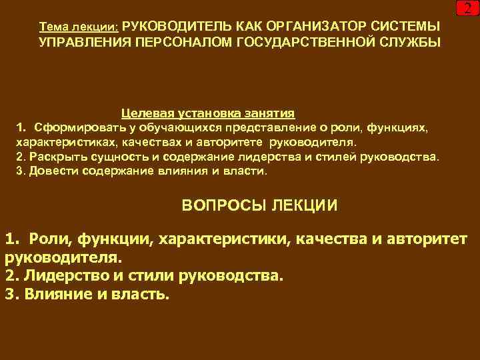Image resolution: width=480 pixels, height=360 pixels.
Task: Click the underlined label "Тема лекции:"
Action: pyautogui.click(x=79, y=27)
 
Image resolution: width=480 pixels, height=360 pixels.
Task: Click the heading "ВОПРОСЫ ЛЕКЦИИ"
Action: pyautogui.click(x=259, y=205)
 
